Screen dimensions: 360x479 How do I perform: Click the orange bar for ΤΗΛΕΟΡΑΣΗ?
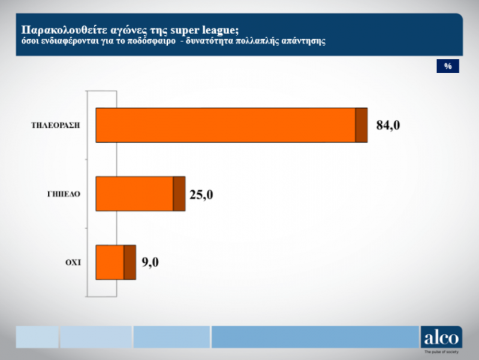tap(225, 125)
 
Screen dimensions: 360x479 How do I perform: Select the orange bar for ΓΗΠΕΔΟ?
tap(134, 194)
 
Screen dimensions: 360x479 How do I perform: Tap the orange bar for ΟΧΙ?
tap(110, 262)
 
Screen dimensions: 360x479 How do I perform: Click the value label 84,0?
tap(388, 126)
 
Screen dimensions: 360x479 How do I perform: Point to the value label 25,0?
tap(201, 194)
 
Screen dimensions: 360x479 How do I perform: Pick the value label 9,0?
tap(150, 262)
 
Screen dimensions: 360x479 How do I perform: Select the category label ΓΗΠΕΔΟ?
tap(64, 194)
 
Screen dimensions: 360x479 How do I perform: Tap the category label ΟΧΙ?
tap(73, 262)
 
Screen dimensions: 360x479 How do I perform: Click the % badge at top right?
tap(447, 66)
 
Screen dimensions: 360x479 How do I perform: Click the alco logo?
tap(441, 336)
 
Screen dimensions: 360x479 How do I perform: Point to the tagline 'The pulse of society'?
tap(442, 352)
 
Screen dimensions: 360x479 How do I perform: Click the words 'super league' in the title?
tap(205, 29)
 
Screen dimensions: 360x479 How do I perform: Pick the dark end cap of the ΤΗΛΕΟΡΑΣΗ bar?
tap(361, 125)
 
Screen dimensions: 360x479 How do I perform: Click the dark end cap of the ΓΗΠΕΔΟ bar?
tap(179, 194)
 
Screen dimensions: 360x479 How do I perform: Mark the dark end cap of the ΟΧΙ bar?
tap(129, 262)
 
